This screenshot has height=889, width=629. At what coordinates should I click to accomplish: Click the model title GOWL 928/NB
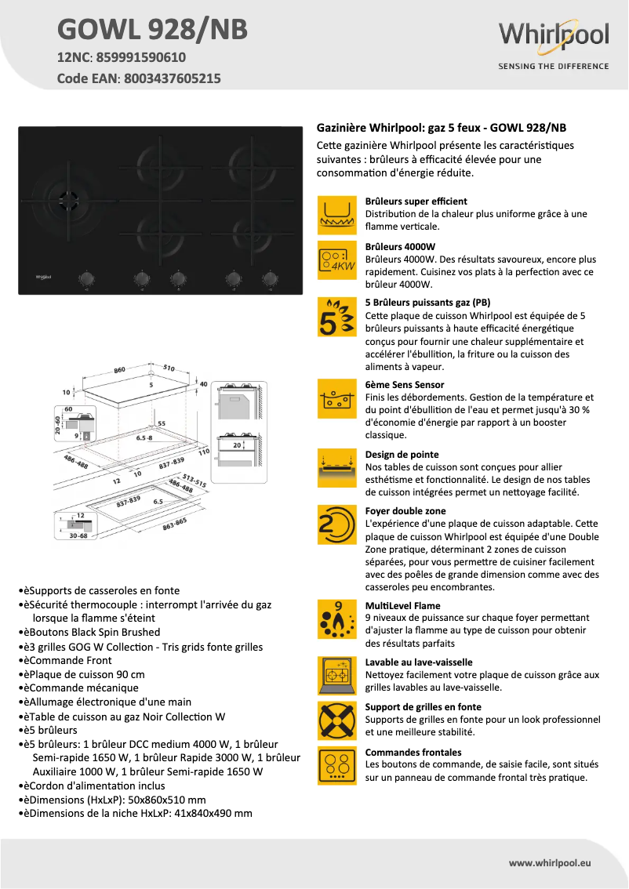tap(152, 29)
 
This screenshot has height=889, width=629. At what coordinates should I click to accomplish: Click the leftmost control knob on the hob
tap(86, 278)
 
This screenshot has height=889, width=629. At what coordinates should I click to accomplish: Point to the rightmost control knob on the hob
tap(271, 278)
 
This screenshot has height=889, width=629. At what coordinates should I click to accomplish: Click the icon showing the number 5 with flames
tap(338, 317)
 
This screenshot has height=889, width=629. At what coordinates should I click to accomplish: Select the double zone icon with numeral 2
tap(338, 525)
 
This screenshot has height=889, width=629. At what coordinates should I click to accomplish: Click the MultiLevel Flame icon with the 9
tap(338, 620)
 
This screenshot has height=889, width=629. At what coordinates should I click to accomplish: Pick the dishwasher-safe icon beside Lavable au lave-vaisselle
tap(338, 675)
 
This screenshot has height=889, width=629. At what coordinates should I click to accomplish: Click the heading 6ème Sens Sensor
tap(405, 385)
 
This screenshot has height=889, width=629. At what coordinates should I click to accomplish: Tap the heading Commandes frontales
tap(413, 752)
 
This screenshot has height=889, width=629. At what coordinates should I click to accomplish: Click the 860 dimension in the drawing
tap(119, 369)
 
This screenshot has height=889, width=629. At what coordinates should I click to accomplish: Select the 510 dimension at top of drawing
tap(169, 367)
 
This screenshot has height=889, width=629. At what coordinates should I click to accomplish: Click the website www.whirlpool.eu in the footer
tap(550, 862)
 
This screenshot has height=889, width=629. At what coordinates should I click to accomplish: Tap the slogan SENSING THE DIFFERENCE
tap(553, 67)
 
